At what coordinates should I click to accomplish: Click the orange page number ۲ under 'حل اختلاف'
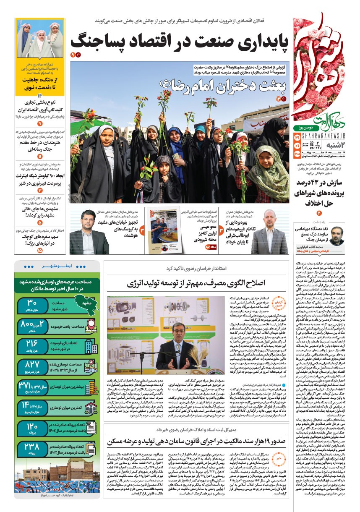(318, 214)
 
